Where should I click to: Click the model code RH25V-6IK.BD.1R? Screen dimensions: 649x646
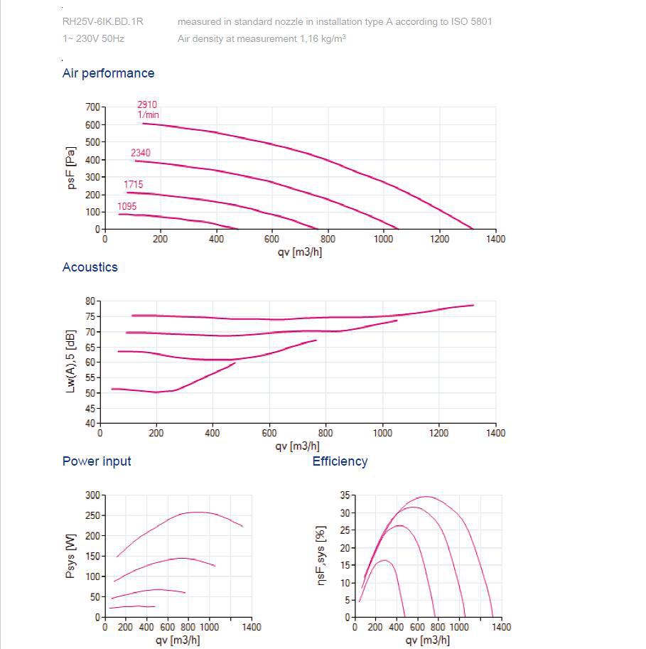click(103, 21)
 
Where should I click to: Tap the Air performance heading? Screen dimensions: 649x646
click(108, 73)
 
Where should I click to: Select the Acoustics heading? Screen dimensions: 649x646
click(90, 267)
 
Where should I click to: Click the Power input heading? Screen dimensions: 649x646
click(97, 461)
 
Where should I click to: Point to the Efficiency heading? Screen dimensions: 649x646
click(340, 461)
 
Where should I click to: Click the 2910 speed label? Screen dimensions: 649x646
click(147, 104)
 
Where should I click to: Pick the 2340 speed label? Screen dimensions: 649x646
click(141, 153)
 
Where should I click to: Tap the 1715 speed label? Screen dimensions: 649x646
click(134, 185)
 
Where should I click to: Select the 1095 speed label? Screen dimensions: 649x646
click(127, 206)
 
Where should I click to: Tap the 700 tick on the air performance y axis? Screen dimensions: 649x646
click(93, 107)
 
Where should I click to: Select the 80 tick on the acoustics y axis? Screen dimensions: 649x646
click(90, 301)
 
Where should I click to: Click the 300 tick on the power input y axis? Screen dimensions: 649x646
click(93, 495)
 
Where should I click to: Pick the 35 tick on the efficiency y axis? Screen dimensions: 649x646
click(344, 495)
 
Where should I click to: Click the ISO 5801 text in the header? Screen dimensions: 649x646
click(471, 21)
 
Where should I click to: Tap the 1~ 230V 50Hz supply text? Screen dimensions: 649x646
click(93, 38)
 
